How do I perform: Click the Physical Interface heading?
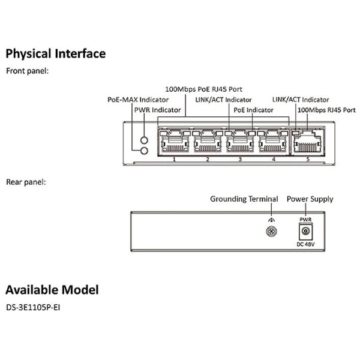pyautogui.click(x=56, y=53)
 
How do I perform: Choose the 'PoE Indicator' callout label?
pyautogui.click(x=253, y=110)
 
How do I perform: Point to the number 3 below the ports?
pyautogui.click(x=240, y=159)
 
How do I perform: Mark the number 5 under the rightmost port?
pyautogui.click(x=307, y=159)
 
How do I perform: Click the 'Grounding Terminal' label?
pyautogui.click(x=244, y=199)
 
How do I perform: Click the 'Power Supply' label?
pyautogui.click(x=310, y=199)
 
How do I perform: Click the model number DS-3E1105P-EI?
pyautogui.click(x=35, y=307)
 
